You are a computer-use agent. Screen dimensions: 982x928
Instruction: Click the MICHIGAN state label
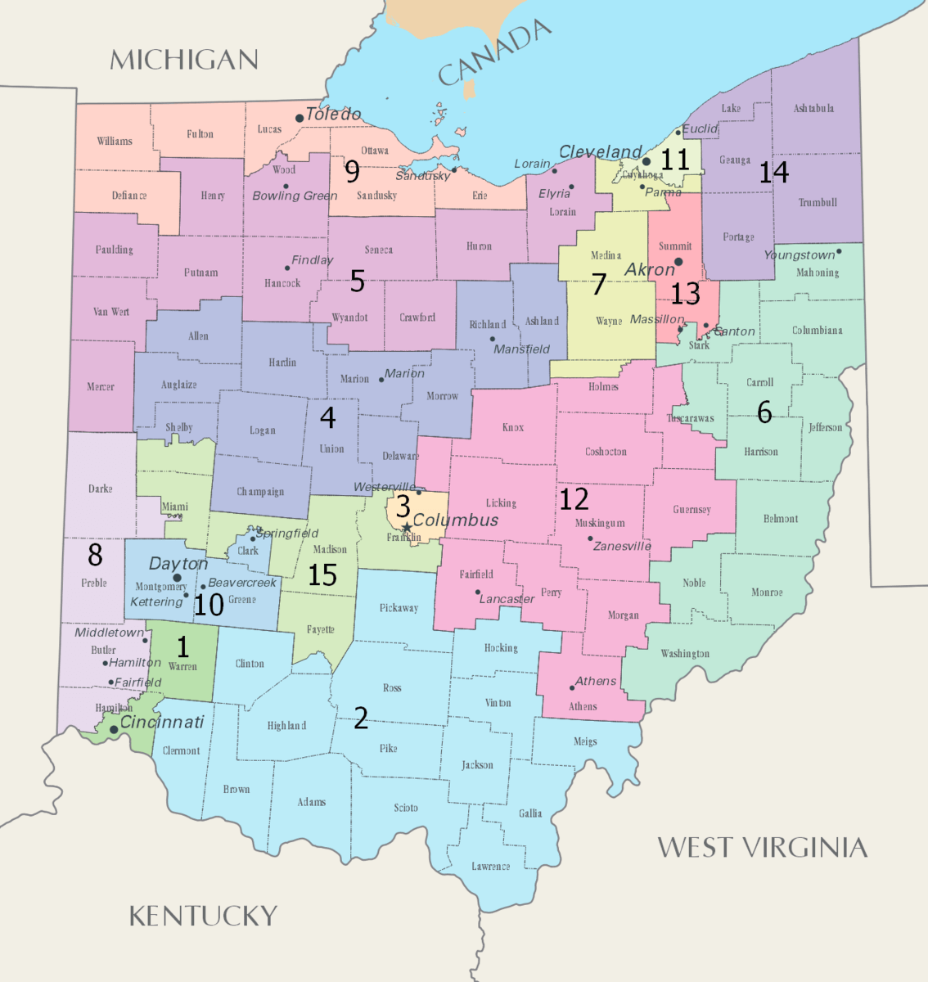pos(184,60)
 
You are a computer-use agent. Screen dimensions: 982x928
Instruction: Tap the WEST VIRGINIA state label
pos(762,847)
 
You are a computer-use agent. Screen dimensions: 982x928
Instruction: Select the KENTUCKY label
pos(204,916)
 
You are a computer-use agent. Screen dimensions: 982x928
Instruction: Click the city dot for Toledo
pos(300,118)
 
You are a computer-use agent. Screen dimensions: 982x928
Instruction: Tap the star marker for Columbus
pos(406,527)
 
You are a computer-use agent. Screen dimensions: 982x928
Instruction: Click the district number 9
pos(352,171)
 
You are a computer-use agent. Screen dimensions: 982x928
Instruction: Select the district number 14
pos(773,172)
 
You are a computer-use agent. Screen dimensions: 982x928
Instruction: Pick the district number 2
pos(361,718)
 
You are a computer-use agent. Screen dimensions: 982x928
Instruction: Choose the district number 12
pos(574,498)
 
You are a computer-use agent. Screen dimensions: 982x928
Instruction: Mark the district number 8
pos(95,555)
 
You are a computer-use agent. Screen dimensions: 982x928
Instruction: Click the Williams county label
pos(115,141)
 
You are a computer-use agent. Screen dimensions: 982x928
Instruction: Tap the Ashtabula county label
pos(813,108)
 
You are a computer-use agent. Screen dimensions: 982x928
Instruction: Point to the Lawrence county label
pos(490,866)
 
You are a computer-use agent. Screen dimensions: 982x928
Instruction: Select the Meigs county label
pos(585,741)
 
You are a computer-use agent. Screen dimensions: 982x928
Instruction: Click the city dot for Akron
pos(678,262)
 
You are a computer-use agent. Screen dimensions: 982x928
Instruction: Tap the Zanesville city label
pos(622,546)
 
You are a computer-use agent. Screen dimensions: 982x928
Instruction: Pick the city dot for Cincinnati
pos(114,729)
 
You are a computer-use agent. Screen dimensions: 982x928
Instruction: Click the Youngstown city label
pos(799,255)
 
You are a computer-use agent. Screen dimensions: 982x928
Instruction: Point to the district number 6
pos(764,412)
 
